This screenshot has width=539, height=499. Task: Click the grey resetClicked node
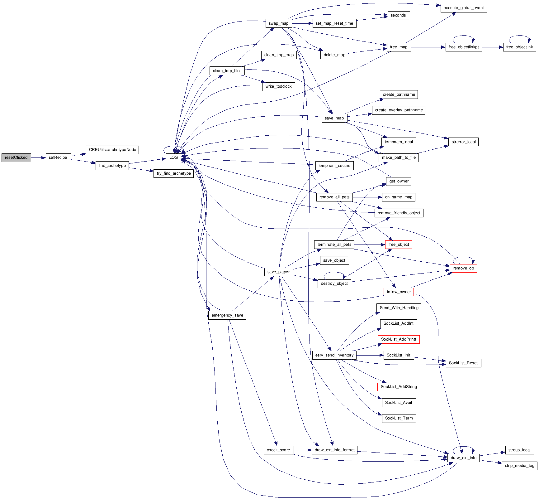tap(16, 157)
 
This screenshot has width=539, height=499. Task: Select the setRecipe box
tap(58, 157)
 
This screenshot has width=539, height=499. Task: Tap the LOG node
tap(173, 157)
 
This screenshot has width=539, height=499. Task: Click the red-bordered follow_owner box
tap(399, 292)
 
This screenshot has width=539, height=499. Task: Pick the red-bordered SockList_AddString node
tap(399, 387)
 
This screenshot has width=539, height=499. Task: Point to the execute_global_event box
tap(463, 8)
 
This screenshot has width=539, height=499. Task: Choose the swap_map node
tap(278, 23)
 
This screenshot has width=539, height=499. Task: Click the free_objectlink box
tap(519, 47)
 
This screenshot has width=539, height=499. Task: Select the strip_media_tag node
tap(519, 466)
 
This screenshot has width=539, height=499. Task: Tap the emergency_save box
tap(227, 315)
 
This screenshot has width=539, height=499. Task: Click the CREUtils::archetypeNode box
tap(112, 150)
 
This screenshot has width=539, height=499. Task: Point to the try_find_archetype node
tap(174, 173)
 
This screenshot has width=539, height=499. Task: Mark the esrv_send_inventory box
tap(334, 355)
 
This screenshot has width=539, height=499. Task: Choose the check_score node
tap(278, 450)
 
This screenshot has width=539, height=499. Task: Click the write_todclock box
tap(278, 86)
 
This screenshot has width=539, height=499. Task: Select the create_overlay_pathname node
tap(399, 110)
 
